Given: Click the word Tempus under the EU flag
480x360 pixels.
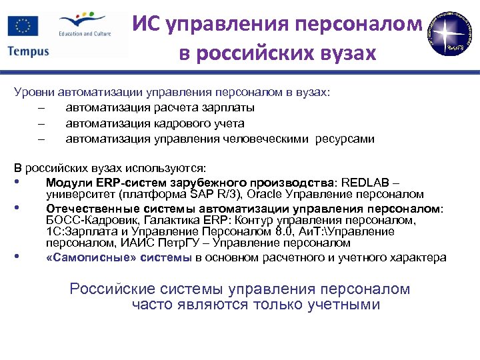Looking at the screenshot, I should pos(28,51).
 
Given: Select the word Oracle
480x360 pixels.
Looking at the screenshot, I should pos(270,195).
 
